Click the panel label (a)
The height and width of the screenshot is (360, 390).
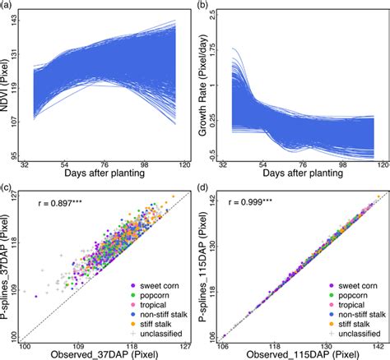[x=7, y=6]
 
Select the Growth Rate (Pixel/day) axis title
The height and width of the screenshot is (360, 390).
[x=207, y=86]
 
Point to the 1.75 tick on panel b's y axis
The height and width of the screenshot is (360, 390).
[x=222, y=50]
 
